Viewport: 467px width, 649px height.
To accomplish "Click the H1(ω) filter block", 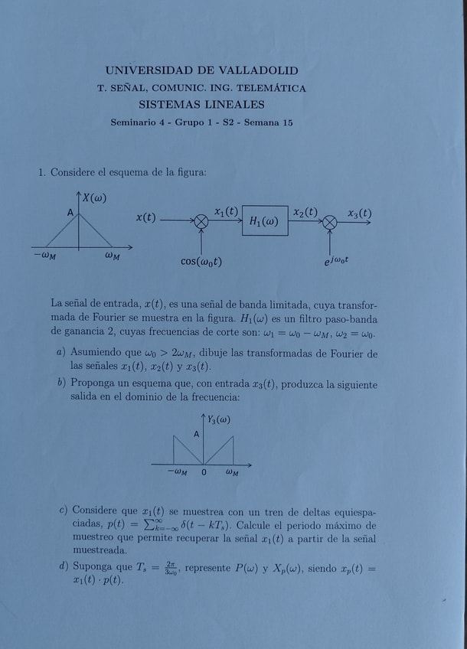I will (265, 221).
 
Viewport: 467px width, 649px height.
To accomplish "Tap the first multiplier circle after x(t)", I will (201, 221).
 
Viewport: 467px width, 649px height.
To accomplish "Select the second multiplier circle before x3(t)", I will (329, 221).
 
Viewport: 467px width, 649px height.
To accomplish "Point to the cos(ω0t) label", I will (201, 262).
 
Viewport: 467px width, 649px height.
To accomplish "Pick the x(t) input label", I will (145, 217).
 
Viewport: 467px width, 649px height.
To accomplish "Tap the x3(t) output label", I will (359, 213).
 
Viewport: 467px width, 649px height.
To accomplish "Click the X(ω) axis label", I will (94, 198).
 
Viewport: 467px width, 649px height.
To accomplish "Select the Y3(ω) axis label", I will (218, 419).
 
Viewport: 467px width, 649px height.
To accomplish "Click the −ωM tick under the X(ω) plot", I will (44, 256).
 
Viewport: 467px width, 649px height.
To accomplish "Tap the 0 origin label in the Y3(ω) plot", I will (204, 472).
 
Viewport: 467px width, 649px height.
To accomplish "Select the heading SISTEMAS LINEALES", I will (201, 104).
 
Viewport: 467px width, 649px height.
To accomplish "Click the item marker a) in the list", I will (60, 352).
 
